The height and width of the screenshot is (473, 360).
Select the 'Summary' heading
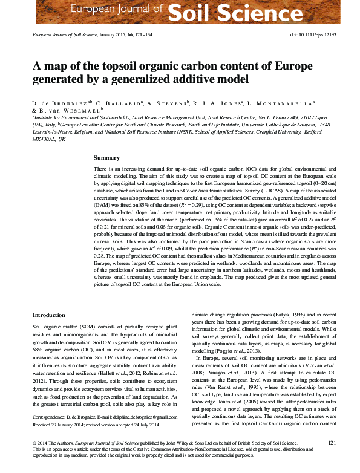[106, 157]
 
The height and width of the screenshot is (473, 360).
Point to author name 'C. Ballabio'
[119, 103]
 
